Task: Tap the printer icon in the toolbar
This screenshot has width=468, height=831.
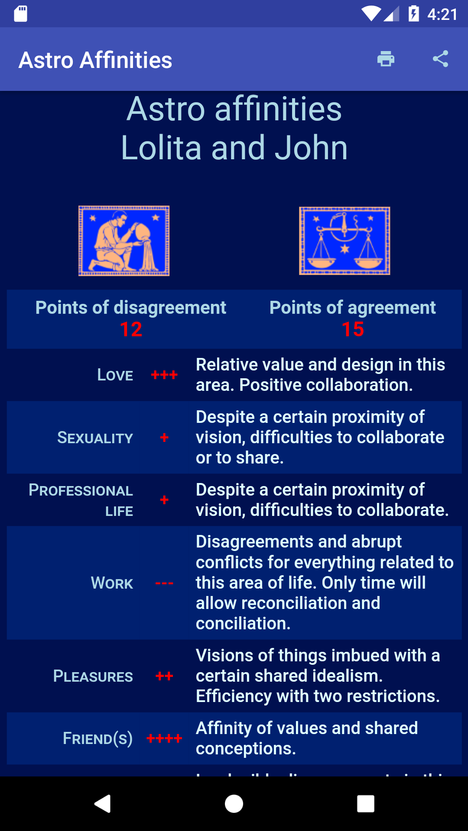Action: (386, 59)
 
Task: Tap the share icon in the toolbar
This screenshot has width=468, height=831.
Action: (440, 59)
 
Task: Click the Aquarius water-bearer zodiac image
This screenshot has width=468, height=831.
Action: (124, 241)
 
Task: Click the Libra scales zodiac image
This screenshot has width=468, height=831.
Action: (344, 241)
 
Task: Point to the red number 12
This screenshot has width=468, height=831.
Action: (131, 329)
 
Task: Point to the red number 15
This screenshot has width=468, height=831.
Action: (353, 329)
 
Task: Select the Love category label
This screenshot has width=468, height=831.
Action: (115, 375)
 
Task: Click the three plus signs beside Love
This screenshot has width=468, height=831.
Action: (164, 375)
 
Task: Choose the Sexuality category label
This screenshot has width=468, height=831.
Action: (95, 438)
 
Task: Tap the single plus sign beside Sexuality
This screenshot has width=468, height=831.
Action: (164, 438)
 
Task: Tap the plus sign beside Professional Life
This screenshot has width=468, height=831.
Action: (164, 500)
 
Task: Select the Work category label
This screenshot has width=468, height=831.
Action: (112, 583)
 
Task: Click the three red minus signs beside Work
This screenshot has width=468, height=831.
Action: (164, 583)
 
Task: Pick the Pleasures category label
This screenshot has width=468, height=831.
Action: (93, 676)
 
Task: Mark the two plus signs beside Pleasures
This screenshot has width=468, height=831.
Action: (164, 676)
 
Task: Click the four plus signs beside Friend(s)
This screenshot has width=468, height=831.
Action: (164, 738)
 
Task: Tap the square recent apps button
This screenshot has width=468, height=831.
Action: (365, 804)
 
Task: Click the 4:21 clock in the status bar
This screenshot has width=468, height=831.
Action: (442, 14)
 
